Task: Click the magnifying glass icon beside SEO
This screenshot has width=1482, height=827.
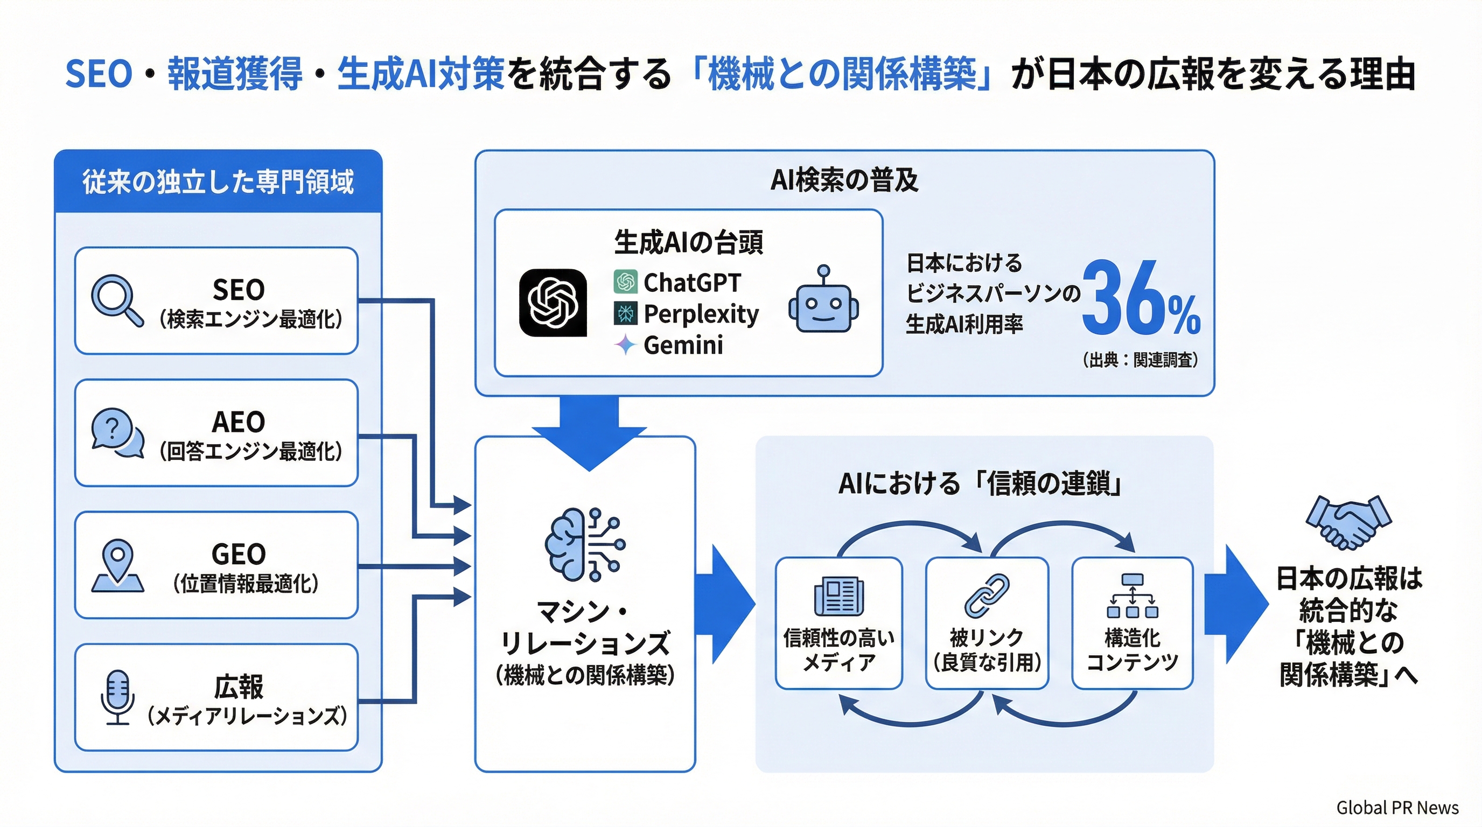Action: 116,300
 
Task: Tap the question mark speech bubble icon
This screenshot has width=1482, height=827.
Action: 117,432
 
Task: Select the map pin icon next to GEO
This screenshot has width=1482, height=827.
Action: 117,566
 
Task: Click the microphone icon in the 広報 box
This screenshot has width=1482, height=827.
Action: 118,697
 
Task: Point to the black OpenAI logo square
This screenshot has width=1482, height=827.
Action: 553,302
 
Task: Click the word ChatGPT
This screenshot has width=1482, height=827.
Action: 691,282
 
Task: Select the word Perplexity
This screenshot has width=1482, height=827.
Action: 701,314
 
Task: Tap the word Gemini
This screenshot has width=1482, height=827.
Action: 683,345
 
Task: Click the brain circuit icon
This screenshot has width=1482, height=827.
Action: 584,543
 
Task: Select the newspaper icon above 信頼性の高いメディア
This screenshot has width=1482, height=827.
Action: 839,596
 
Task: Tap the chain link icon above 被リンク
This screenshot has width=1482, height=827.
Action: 987,596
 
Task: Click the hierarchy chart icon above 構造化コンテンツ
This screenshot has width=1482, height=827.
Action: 1132,596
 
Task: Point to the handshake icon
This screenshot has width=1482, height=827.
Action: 1348,522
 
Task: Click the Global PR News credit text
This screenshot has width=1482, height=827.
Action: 1397,808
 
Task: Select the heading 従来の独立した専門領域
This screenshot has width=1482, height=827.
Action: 218,183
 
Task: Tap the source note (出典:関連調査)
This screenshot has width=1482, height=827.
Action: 1140,360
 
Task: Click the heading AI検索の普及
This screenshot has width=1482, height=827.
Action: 844,180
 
